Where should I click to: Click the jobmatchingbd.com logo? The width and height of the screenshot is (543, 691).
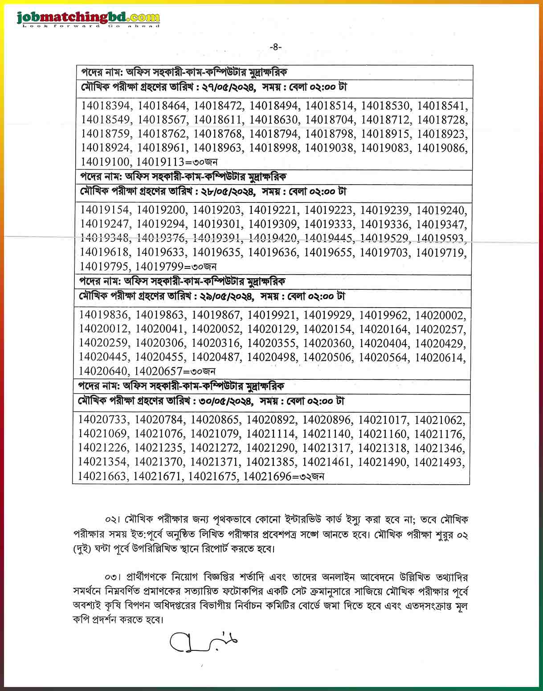[x=88, y=19]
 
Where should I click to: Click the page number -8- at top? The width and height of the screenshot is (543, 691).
[x=276, y=47]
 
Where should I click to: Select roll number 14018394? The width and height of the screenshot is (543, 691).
[x=106, y=106]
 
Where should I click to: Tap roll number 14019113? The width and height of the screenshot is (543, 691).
[x=160, y=162]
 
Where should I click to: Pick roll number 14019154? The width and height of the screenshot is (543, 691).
[x=105, y=210]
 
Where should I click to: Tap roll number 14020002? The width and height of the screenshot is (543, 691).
[x=440, y=316]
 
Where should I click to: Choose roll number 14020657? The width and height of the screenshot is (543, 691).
[x=158, y=371]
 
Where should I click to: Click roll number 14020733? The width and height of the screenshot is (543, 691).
[x=103, y=420]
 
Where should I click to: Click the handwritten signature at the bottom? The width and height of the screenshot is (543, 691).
[x=203, y=642]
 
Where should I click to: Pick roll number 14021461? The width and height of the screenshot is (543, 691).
[x=327, y=462]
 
